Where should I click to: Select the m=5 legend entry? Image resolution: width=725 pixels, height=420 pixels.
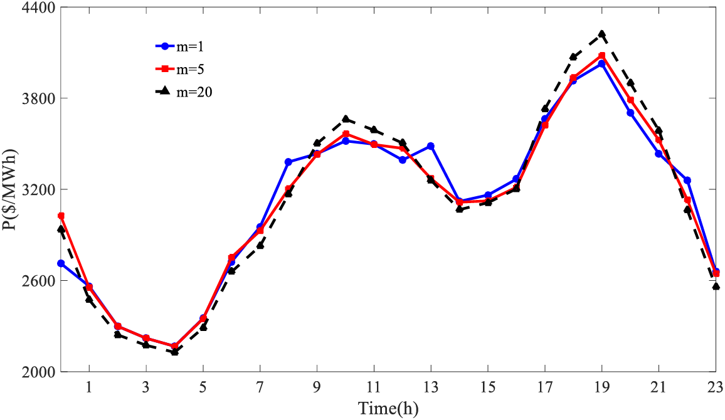(179, 68)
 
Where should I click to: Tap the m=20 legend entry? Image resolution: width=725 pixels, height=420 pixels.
(182, 92)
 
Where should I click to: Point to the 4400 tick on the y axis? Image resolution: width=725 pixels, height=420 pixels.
(39, 8)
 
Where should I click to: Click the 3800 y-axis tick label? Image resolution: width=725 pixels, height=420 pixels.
(39, 98)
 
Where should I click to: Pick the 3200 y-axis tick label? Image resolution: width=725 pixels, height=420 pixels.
(39, 189)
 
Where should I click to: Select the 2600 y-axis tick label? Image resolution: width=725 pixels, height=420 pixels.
(39, 280)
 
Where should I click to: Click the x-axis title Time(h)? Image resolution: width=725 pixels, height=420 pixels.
(388, 408)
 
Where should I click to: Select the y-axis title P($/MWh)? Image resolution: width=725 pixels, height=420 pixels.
(10, 190)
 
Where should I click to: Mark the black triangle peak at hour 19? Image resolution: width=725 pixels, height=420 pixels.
(601, 33)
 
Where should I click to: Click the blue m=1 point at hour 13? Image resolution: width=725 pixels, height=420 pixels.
(431, 146)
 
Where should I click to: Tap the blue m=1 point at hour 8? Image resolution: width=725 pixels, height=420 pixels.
(288, 162)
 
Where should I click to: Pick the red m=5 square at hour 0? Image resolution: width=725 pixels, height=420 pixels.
(61, 216)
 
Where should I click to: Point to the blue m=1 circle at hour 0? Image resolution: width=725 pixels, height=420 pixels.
(61, 263)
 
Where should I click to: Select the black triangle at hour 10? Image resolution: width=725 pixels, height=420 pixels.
(346, 118)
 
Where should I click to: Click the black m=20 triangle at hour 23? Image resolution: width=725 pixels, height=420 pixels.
(716, 286)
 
